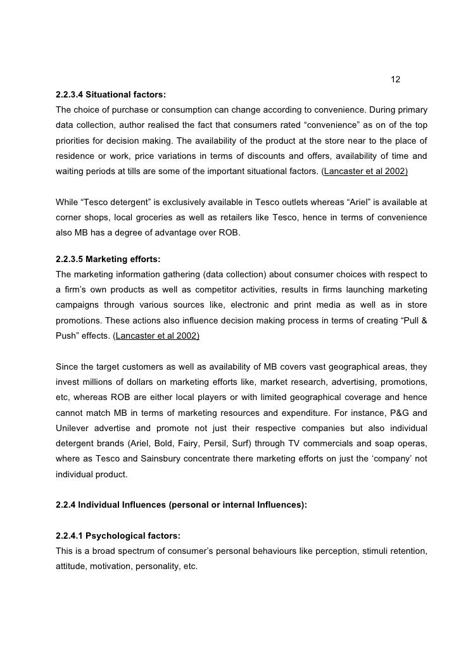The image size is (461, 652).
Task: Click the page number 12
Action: pos(396,80)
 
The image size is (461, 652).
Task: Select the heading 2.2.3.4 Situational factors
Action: pos(111,95)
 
